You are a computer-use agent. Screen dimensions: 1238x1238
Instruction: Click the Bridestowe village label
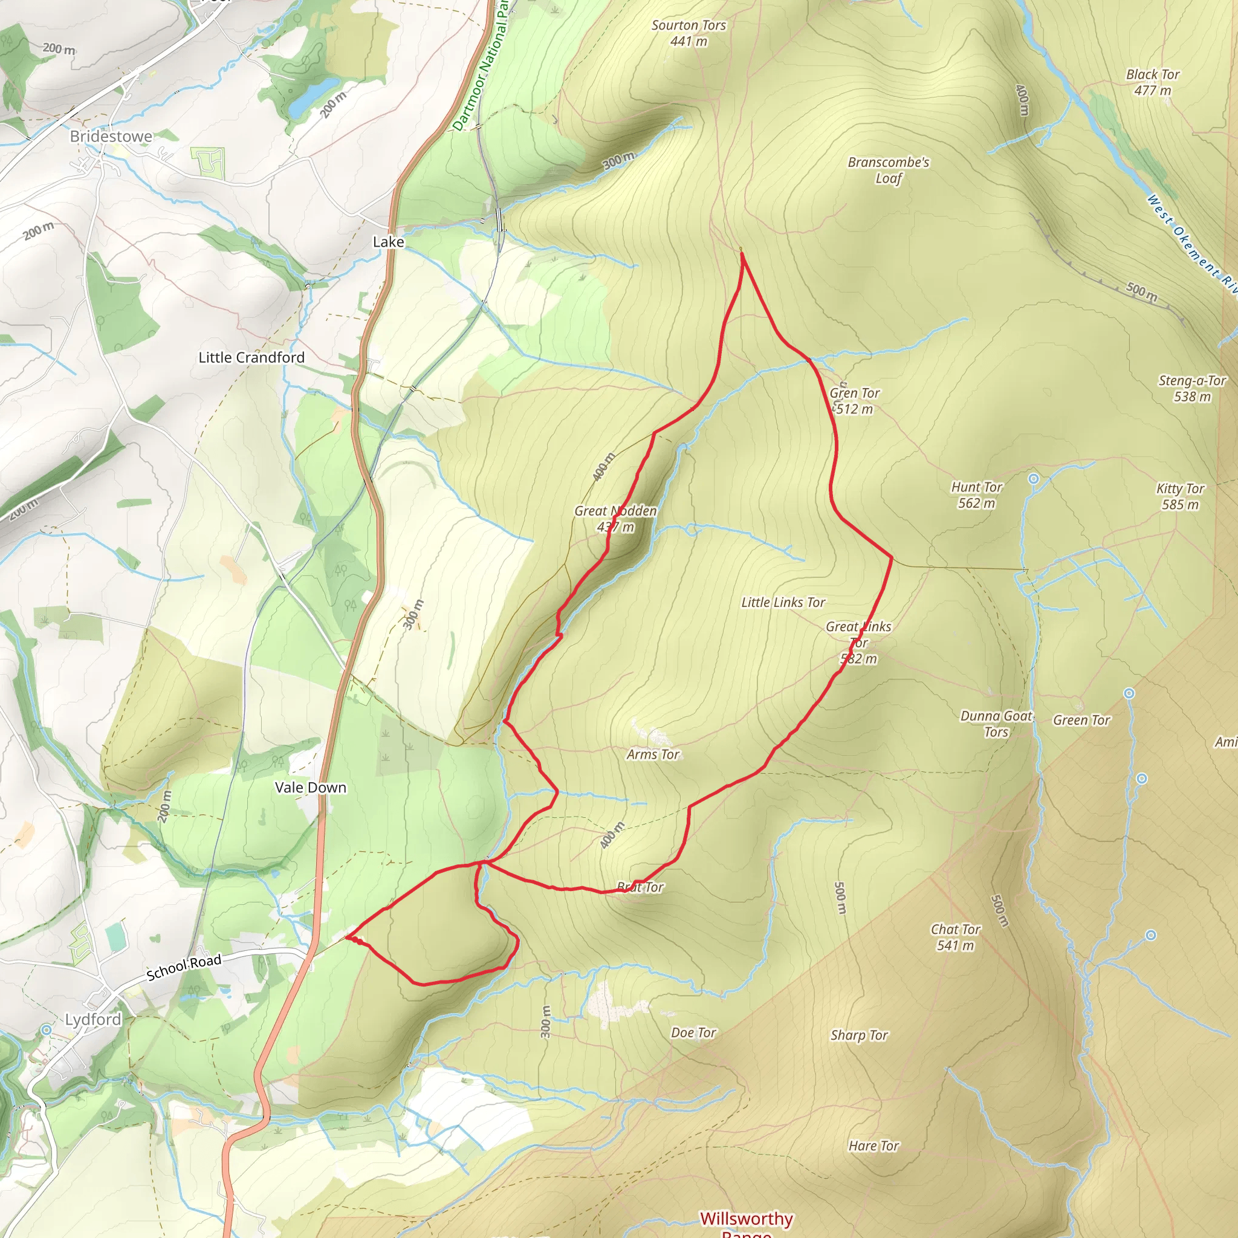coord(111,137)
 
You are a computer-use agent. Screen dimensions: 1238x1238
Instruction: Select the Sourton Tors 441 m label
coord(689,33)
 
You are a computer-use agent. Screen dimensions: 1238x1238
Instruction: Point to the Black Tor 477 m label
coord(1153,82)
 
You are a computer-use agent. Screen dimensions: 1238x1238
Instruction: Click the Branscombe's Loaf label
coord(888,170)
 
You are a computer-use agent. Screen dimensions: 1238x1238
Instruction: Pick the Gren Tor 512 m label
coord(854,401)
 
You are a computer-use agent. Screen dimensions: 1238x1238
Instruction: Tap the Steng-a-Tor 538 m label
coord(1192,388)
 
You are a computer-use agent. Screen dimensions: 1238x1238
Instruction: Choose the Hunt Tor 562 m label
coord(977,494)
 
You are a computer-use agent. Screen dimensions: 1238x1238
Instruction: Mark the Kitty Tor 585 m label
coord(1181,496)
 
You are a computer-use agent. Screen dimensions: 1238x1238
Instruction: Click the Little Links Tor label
coord(783,602)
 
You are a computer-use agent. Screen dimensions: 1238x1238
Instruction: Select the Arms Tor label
coord(653,754)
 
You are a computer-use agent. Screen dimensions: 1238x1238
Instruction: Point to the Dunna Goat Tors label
coord(996,724)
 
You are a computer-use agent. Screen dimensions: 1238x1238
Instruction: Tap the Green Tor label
coord(1081,720)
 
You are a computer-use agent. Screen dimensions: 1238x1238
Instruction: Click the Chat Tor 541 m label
coord(956,937)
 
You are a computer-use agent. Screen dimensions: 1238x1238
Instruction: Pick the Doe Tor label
coord(693,1032)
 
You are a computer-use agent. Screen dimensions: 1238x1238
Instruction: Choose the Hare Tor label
coord(873,1146)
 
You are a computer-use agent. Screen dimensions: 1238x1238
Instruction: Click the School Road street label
coord(184,967)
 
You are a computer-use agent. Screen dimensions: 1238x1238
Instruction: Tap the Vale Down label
coord(311,788)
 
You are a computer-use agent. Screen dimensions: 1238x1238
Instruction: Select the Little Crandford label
coord(251,358)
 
